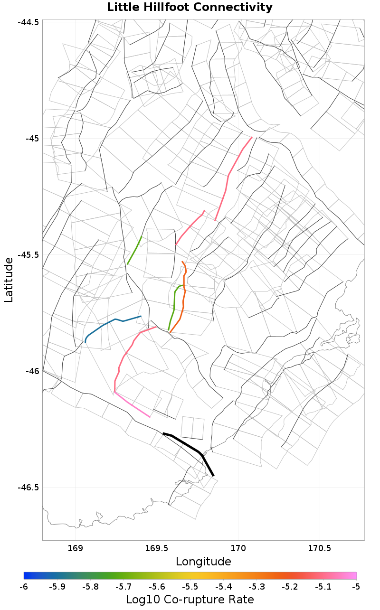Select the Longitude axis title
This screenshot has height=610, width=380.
pos(203,562)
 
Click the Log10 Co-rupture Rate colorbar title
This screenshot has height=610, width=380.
pos(190,599)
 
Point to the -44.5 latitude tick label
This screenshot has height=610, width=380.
pos(29,22)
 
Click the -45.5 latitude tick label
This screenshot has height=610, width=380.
pos(29,254)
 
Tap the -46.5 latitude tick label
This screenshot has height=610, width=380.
pos(29,487)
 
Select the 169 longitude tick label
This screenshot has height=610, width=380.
pos(76,549)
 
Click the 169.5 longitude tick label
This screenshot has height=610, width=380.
pos(157,549)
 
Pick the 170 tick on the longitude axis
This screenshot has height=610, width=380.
pos(238,549)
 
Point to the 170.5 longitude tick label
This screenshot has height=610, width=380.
pos(319,549)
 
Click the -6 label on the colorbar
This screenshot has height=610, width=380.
pos(24,587)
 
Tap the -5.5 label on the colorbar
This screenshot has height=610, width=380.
pos(190,587)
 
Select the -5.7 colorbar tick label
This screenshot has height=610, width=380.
pos(123,587)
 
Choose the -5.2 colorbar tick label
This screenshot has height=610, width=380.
pos(289,587)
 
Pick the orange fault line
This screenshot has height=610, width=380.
pos(183,299)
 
